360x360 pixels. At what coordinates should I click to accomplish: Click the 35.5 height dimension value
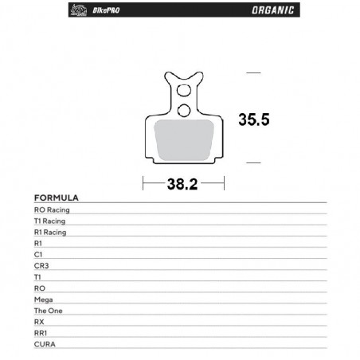[x=254, y=119]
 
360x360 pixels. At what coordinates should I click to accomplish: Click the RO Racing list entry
[x=53, y=209]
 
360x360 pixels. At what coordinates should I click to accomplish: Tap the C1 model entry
[x=38, y=254]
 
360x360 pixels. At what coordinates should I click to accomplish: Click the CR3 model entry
[x=41, y=265]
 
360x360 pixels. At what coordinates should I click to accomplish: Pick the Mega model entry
[x=42, y=299]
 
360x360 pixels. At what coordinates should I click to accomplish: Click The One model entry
[x=46, y=310]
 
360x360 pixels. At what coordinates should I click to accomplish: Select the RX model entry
[x=39, y=321]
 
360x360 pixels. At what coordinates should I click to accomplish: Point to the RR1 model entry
[x=41, y=332]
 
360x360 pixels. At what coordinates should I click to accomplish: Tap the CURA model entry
[x=44, y=343]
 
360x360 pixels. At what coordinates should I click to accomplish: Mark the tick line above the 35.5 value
[x=254, y=72]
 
